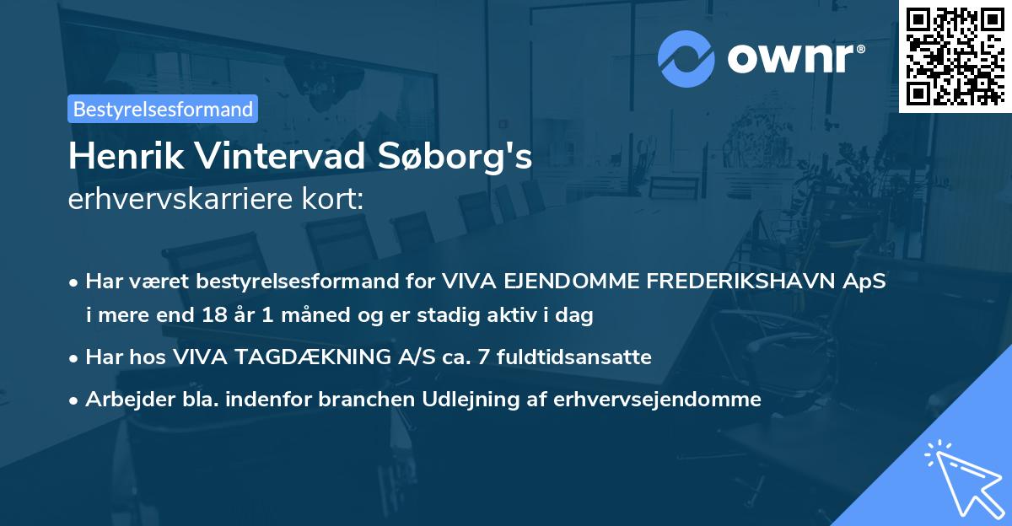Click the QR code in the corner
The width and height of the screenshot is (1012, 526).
tap(955, 56)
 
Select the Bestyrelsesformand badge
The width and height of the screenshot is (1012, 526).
tap(163, 109)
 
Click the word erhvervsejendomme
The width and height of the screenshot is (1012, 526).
tap(658, 400)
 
